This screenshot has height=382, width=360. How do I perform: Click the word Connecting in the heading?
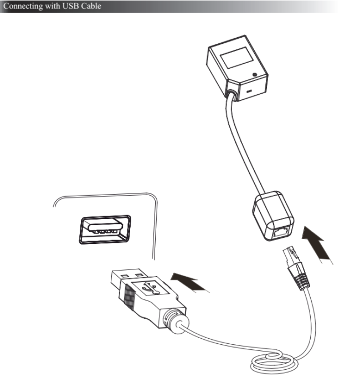click(x=23, y=6)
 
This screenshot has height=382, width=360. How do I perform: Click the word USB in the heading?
click(x=70, y=6)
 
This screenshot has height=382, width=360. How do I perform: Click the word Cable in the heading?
click(x=91, y=6)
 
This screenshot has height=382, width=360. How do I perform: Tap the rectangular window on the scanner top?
click(x=236, y=58)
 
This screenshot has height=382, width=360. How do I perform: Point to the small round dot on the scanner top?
click(x=255, y=74)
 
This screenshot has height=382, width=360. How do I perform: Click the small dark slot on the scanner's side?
click(x=249, y=92)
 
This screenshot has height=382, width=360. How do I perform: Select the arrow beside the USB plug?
click(x=190, y=282)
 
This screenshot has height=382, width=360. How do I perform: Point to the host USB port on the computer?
click(x=105, y=230)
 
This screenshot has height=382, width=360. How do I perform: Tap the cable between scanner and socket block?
click(x=244, y=146)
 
